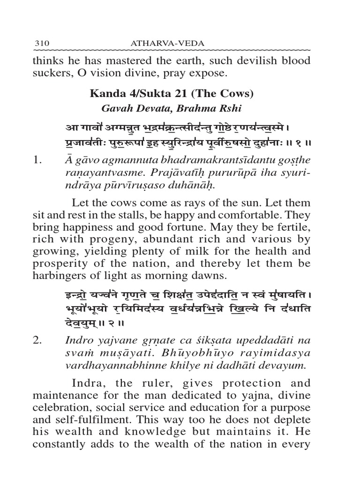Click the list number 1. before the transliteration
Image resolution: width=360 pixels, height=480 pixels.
click(x=40, y=160)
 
